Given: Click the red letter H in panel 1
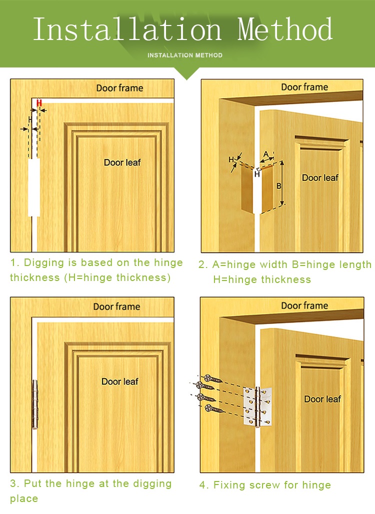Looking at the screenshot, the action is tap(39, 103).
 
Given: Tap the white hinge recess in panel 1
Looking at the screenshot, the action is tap(34, 187).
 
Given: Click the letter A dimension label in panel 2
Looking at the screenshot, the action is tap(266, 154).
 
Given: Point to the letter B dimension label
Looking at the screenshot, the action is tap(278, 186).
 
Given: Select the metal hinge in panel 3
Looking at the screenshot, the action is tap(34, 404).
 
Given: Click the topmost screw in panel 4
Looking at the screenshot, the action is tap(213, 379).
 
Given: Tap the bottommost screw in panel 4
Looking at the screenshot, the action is tap(213, 409).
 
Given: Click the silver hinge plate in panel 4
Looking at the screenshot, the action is tap(257, 406).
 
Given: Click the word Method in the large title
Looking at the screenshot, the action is tap(285, 29).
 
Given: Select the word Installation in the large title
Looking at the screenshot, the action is tap(127, 29).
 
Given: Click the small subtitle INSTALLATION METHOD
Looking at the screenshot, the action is tap(185, 55).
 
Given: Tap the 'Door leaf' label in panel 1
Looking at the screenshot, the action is tap(122, 162).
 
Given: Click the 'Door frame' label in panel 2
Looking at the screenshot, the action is tap(304, 87).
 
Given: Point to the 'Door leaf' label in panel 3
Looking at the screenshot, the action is tap(120, 381).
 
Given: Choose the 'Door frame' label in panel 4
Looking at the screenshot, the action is tap(304, 306).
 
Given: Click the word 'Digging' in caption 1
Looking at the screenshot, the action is tap(44, 263).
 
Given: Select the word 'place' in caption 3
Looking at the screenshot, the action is tap(24, 499).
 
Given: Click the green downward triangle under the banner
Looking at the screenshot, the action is tap(187, 73).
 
